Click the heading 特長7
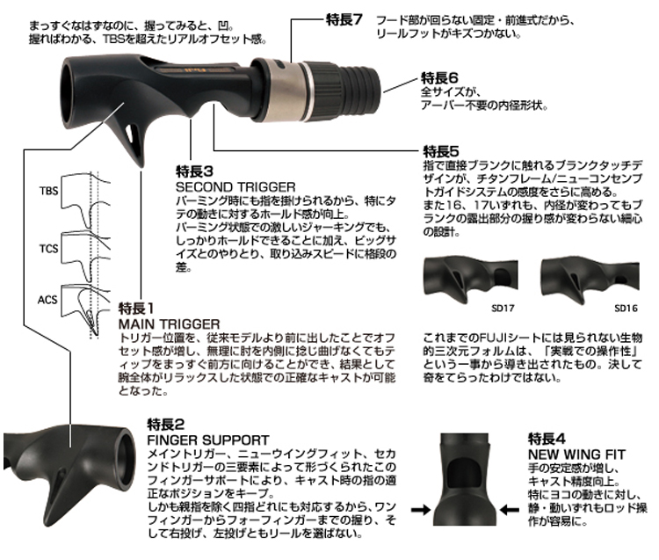[x=344, y=19]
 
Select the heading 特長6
[x=439, y=77]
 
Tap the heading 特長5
[x=440, y=151]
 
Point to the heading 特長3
[x=194, y=171]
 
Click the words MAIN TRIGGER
[x=169, y=324]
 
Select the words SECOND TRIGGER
[x=235, y=186]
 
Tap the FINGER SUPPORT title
[x=208, y=440]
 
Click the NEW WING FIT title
[x=576, y=454]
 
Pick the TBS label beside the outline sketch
[x=48, y=191]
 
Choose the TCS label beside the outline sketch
[x=48, y=249]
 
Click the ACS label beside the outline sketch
[x=47, y=300]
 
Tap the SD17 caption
[x=503, y=309]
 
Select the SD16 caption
[x=626, y=309]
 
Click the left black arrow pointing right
[x=421, y=510]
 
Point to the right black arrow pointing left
[x=510, y=510]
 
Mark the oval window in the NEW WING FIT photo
[x=465, y=471]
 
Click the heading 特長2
[x=165, y=425]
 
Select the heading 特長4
[x=547, y=439]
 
